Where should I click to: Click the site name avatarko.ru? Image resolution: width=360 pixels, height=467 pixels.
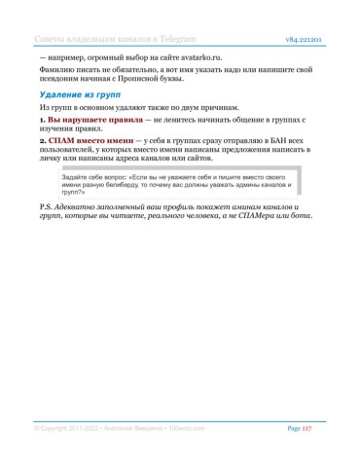coord(197,57)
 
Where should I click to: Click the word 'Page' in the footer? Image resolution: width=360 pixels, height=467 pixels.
coord(293,428)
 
